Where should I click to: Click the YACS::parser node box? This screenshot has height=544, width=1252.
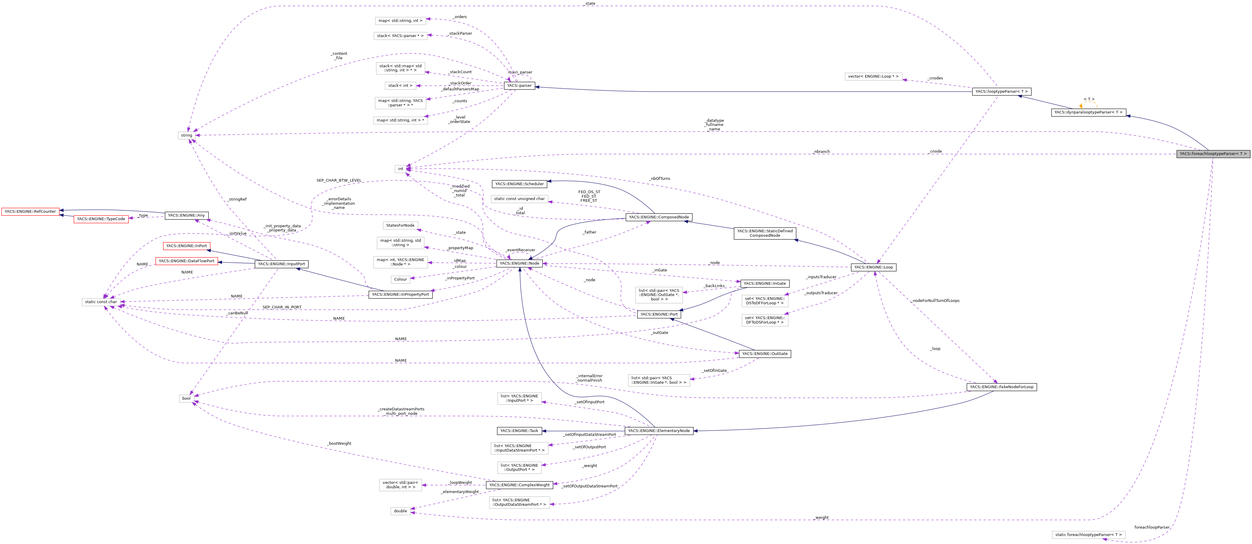[x=519, y=86]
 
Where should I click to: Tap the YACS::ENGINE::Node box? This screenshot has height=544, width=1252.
[x=519, y=263]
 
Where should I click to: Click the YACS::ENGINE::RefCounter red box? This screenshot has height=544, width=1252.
[x=30, y=211]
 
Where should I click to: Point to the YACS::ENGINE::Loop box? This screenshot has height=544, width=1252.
[x=873, y=267]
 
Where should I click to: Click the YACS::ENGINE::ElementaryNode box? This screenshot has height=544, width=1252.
[x=658, y=431]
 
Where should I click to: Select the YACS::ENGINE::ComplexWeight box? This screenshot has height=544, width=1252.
[x=519, y=485]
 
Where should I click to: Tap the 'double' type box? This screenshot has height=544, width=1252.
[x=401, y=511]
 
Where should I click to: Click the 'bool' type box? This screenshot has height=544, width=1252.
[x=186, y=398]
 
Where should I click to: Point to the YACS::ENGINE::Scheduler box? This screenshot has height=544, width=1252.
[x=519, y=184]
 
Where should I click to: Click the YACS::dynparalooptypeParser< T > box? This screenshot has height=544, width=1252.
[x=1088, y=112]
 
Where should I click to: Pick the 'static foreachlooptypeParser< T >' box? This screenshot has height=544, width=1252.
[x=1088, y=535]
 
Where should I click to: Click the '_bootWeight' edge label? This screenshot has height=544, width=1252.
[x=339, y=444]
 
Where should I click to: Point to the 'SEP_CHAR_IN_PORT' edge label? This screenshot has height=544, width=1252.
[x=282, y=307]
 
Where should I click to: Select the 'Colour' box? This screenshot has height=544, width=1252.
[x=401, y=279]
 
